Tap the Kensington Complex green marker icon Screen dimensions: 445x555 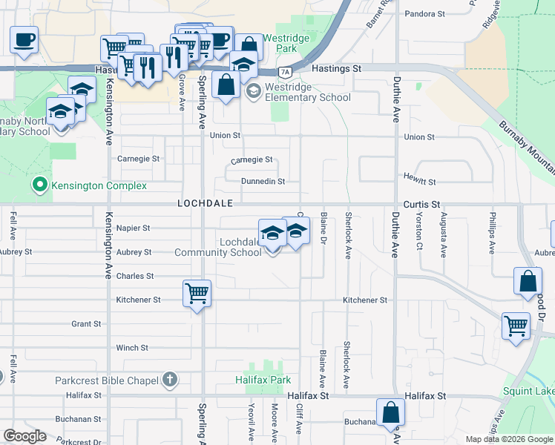tap(40, 185)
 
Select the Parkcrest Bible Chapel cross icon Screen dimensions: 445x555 tap(170, 380)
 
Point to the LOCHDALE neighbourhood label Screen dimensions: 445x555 tap(206, 202)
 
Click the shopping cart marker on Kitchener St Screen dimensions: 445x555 tap(197, 294)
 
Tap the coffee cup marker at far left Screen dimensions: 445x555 tap(24, 39)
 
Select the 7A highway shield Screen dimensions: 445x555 tap(285, 72)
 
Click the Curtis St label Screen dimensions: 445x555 tap(421, 203)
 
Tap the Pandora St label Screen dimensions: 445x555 tap(425, 13)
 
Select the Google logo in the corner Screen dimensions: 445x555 tap(24, 435)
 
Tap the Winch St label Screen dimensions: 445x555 tap(132, 347)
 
